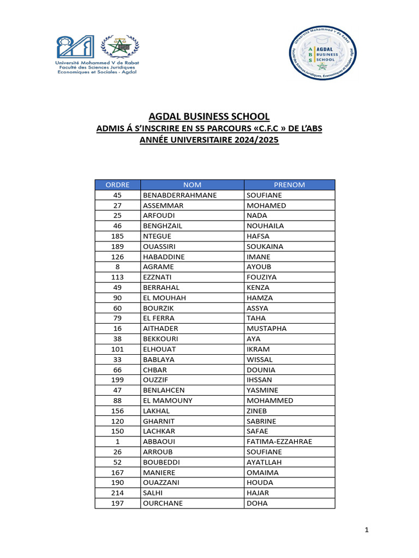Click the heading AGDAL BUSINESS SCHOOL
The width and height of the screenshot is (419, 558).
209,116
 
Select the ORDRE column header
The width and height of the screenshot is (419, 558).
117,185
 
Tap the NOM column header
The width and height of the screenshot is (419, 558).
192,185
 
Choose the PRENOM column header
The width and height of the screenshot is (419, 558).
289,185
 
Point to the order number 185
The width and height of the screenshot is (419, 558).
117,236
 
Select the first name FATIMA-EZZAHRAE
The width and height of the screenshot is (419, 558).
279,441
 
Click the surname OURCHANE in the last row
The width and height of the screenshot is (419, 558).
163,503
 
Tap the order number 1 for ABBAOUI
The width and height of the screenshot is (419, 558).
117,441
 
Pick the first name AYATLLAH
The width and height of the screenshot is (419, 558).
265,462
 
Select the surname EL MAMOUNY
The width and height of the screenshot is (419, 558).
167,401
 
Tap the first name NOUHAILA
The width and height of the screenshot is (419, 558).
265,226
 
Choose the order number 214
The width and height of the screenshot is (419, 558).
117,493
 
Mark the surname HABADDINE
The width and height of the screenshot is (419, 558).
164,257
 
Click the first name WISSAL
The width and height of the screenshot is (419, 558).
260,360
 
